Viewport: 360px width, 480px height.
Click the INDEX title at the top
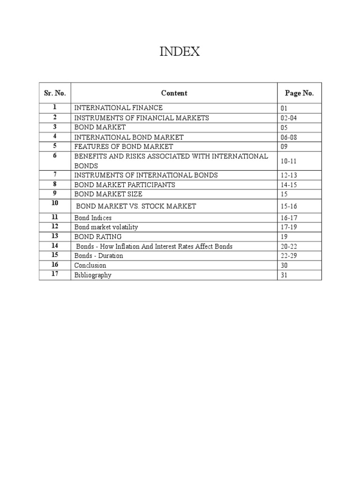point(180,52)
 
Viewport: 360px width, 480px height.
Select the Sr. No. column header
point(54,93)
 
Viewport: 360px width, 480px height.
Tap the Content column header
point(174,93)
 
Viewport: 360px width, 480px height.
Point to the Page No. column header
point(299,93)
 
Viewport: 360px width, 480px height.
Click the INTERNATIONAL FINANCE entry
point(119,108)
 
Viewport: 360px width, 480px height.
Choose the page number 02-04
point(288,118)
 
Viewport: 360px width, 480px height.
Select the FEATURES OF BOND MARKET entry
point(124,147)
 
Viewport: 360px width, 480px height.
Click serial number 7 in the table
point(55,174)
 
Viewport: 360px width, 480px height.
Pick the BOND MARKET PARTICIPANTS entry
point(125,185)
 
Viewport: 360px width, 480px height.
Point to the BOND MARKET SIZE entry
point(108,194)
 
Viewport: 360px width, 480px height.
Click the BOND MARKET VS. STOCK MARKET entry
point(136,206)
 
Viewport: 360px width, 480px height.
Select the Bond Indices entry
point(93,218)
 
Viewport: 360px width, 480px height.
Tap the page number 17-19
point(288,227)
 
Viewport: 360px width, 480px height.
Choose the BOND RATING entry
point(98,237)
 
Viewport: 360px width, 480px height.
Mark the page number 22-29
point(288,256)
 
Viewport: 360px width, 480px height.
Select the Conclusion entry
point(90,265)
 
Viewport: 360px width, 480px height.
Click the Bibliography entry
point(93,275)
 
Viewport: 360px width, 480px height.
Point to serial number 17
point(55,274)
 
